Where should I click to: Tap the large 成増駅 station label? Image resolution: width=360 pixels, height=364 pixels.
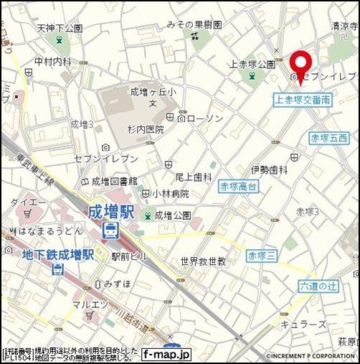click(x=111, y=213)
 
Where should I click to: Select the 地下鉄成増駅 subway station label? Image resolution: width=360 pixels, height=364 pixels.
click(x=58, y=255)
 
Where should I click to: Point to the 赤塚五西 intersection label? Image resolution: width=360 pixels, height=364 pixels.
click(x=328, y=137)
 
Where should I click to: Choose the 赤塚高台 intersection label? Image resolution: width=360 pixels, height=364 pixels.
click(x=239, y=186)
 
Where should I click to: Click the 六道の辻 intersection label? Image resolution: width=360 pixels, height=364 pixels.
click(x=318, y=286)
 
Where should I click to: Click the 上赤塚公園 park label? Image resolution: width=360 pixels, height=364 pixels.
click(x=252, y=64)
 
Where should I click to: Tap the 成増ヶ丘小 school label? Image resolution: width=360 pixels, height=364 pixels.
click(x=152, y=91)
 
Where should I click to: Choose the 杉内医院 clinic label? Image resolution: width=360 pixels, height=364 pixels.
click(x=146, y=129)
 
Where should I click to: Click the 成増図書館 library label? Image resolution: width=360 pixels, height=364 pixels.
click(x=115, y=181)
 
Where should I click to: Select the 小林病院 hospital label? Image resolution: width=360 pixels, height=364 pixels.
click(x=170, y=193)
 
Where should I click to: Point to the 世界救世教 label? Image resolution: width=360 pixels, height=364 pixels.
click(x=203, y=261)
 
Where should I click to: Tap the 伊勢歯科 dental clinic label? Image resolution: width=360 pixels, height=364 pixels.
click(x=269, y=169)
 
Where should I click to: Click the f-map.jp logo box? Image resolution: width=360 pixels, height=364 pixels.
click(x=166, y=354)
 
